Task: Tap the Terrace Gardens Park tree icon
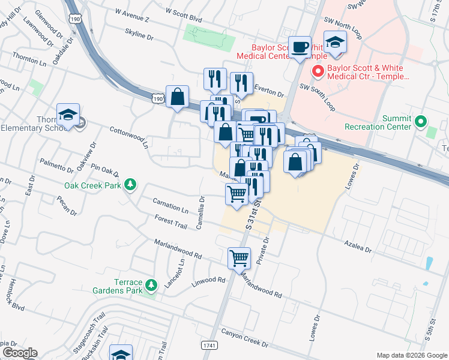coord(151,286)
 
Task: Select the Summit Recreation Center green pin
coord(420,122)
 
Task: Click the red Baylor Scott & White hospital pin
coord(318,71)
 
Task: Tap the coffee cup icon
coord(300,46)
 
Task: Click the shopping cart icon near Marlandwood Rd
coord(239,257)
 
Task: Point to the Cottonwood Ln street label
coord(128,136)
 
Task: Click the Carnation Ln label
coord(170,205)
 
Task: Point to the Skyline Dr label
coord(139,35)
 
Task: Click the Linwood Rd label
coord(208,280)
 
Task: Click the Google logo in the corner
coord(20,352)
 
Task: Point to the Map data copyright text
coord(411,355)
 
